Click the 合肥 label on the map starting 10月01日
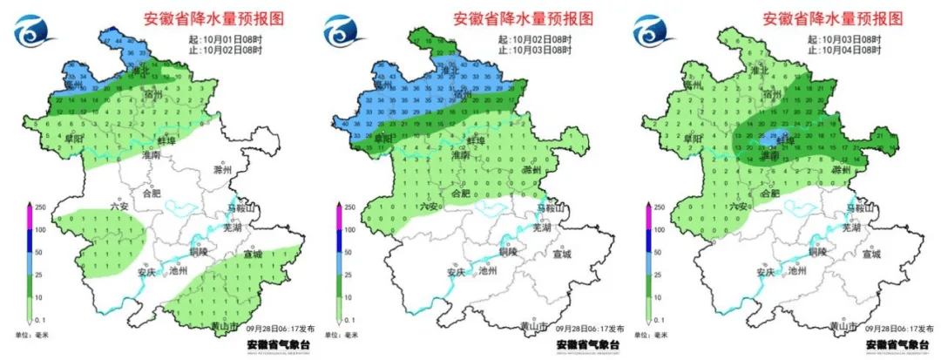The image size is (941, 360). coord(157,194)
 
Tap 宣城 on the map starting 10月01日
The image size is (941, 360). coord(254,255)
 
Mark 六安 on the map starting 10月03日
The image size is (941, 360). coord(739,206)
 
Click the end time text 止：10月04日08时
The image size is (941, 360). coord(846,51)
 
